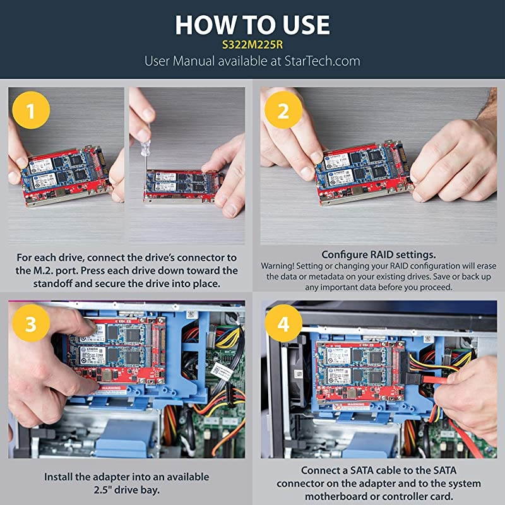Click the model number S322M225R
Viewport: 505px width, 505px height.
pos(252,45)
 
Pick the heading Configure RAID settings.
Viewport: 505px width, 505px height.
pos(379,254)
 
